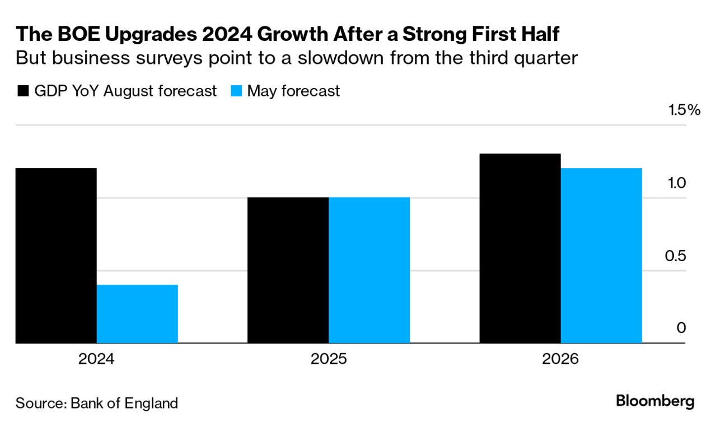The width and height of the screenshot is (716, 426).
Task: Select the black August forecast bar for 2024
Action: point(56,255)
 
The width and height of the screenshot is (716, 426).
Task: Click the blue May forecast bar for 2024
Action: point(137,314)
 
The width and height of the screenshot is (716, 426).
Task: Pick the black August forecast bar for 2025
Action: point(288,270)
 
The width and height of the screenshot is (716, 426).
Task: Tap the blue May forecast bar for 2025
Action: point(369,270)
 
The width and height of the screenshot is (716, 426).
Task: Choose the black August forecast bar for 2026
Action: point(520,248)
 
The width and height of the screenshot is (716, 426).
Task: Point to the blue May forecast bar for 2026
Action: point(601,255)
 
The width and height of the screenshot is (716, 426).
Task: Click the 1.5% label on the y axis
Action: point(685,110)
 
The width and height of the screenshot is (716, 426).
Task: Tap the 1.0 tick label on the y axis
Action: point(676,183)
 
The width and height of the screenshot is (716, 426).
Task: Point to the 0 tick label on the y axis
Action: point(681,328)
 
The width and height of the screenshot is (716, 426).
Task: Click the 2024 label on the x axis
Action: point(96,359)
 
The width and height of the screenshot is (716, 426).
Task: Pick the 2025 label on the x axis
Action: point(329,359)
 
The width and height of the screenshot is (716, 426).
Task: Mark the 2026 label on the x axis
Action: point(560,359)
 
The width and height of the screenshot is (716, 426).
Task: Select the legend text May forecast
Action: point(293,91)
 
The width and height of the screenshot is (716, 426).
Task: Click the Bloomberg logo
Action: point(655,401)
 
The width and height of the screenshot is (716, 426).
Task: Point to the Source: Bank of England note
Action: point(96,402)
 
